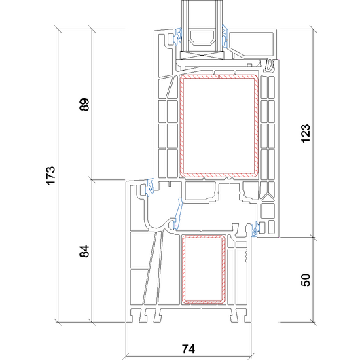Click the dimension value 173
[51, 176]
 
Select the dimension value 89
[84, 105]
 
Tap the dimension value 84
[84, 251]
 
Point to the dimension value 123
[306, 134]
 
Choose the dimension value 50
[306, 280]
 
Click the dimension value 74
[189, 348]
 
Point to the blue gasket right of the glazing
[225, 36]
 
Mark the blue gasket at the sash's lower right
[255, 230]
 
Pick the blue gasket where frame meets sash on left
[149, 187]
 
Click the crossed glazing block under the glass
[202, 55]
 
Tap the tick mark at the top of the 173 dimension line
[58, 29]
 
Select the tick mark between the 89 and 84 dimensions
[92, 179]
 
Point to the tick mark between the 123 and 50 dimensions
[313, 237]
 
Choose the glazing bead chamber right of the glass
[251, 43]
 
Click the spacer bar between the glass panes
[202, 37]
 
